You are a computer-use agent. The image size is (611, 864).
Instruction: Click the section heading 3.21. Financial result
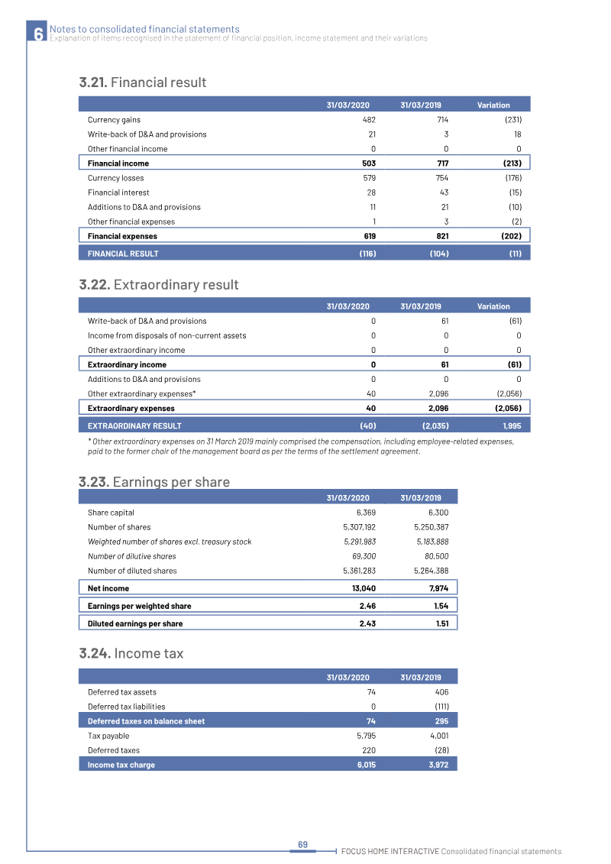pos(143,82)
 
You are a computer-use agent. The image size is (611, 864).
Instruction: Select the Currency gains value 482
pos(367,120)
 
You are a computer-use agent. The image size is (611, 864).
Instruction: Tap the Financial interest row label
pos(118,193)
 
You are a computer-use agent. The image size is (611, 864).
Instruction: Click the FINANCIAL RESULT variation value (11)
pos(516,254)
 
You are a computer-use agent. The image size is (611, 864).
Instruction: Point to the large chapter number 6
pos(37,34)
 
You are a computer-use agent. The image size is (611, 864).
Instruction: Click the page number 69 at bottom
pos(302,844)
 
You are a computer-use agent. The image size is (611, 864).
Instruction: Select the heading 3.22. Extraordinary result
pos(159,284)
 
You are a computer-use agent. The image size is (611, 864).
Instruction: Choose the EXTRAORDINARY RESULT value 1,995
pos(512,426)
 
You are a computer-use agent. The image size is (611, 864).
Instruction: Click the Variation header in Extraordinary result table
pos(493,306)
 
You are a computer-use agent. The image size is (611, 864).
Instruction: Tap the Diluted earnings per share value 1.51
pos(441,623)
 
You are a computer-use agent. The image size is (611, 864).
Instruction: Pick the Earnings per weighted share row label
pos(140,606)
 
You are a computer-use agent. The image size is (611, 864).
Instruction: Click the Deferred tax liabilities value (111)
pos(438,707)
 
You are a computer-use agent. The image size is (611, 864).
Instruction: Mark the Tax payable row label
pos(108,736)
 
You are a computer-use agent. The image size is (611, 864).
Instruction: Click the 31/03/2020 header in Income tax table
pos(348,677)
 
